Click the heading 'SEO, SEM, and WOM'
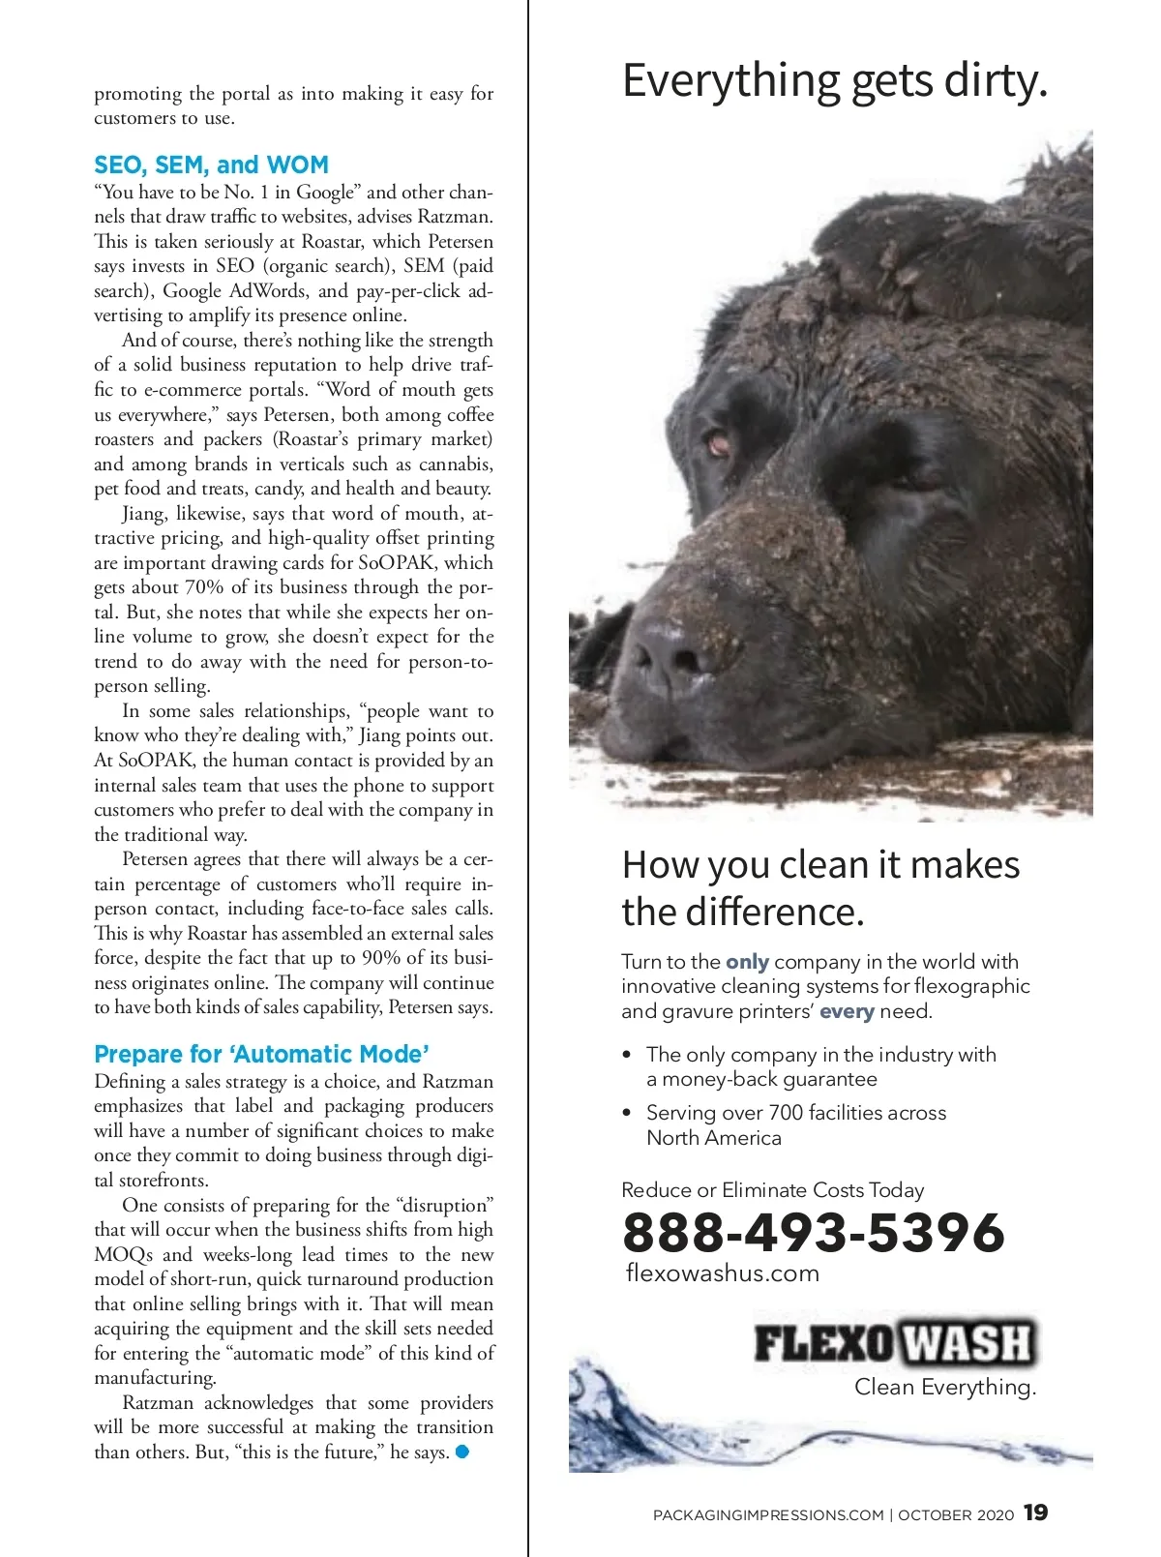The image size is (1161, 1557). (x=211, y=165)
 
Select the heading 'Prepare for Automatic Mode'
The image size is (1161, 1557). (x=261, y=1054)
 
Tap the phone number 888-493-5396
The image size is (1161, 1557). (x=814, y=1232)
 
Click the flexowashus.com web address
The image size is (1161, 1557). (x=723, y=1273)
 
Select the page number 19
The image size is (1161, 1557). (x=1035, y=1512)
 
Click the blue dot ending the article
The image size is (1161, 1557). (x=462, y=1452)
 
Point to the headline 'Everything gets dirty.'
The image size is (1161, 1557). (x=835, y=80)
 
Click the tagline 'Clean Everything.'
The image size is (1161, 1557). (x=945, y=1388)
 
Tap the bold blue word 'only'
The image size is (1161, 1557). (x=747, y=962)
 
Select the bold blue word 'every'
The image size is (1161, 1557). (x=847, y=1011)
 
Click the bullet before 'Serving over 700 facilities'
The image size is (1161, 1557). (x=627, y=1113)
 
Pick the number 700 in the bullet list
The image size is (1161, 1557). (x=786, y=1113)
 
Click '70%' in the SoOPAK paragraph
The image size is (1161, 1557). (x=204, y=587)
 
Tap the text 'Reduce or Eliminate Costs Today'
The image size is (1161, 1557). (x=772, y=1190)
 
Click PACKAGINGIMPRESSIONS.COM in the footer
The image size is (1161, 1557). (x=768, y=1515)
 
